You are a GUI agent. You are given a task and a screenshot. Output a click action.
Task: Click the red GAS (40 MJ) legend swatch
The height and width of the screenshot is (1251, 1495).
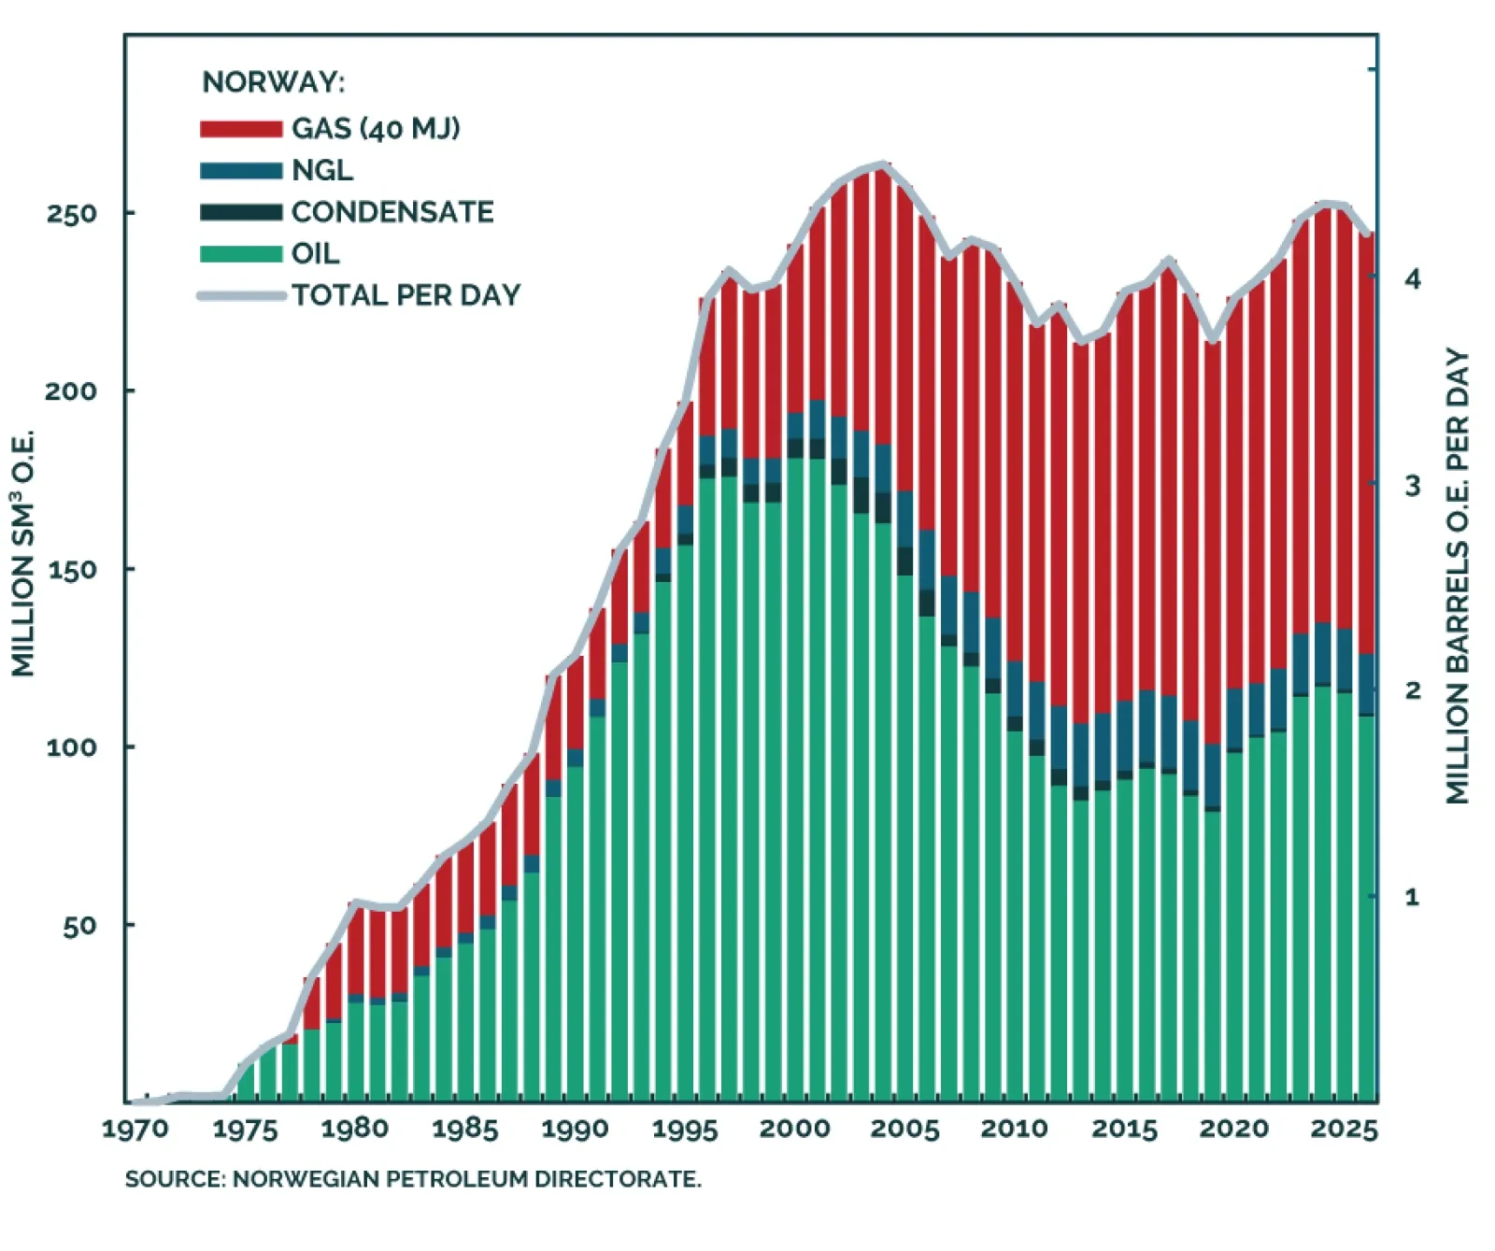tap(240, 129)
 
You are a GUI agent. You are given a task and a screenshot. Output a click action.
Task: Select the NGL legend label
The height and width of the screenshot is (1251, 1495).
tap(322, 170)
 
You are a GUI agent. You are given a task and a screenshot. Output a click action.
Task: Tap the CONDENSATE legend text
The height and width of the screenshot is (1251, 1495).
tap(392, 212)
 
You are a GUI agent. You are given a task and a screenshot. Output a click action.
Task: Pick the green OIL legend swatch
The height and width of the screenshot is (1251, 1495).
tap(240, 254)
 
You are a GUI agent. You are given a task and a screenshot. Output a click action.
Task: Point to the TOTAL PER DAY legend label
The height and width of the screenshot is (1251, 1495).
tap(406, 295)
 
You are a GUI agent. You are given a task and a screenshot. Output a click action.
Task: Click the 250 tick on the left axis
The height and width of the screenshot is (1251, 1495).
tap(72, 213)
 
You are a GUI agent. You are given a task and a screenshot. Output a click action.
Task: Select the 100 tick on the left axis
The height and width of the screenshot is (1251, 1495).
tap(72, 747)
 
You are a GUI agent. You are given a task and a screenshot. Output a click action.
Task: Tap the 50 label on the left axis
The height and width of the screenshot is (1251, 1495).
tap(80, 926)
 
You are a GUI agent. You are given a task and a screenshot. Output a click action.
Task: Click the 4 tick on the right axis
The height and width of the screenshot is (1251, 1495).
tap(1412, 278)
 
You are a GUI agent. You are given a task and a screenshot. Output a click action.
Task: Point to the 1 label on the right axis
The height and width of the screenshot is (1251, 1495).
tap(1411, 897)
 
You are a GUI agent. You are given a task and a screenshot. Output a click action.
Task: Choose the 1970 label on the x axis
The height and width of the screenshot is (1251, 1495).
tap(135, 1130)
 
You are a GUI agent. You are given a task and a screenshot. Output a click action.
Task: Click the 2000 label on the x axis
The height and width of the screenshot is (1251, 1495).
tap(795, 1129)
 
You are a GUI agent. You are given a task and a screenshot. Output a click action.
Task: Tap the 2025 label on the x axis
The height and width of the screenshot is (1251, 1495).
tap(1344, 1130)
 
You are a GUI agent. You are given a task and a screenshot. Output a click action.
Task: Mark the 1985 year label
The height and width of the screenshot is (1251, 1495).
tap(465, 1130)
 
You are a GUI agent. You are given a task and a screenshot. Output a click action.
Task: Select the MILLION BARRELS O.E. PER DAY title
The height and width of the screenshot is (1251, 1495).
tap(1458, 576)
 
